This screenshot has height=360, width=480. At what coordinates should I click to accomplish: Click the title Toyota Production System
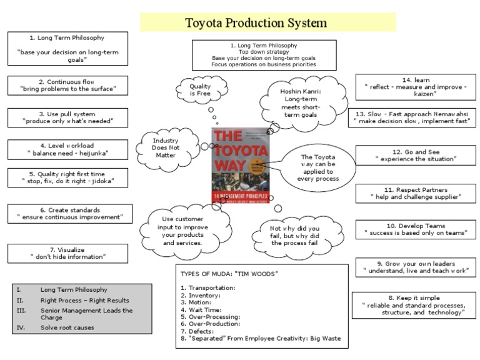point(256,23)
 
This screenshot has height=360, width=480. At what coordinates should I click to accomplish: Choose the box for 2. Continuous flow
point(68,85)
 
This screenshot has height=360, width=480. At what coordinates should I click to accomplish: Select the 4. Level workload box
point(68,149)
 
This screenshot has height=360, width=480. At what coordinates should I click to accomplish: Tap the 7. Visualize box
point(68,252)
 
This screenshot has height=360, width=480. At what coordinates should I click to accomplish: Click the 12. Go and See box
point(415,155)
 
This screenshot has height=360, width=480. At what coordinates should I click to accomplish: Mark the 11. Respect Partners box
point(415,193)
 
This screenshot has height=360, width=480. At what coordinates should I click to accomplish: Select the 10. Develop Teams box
point(415,229)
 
